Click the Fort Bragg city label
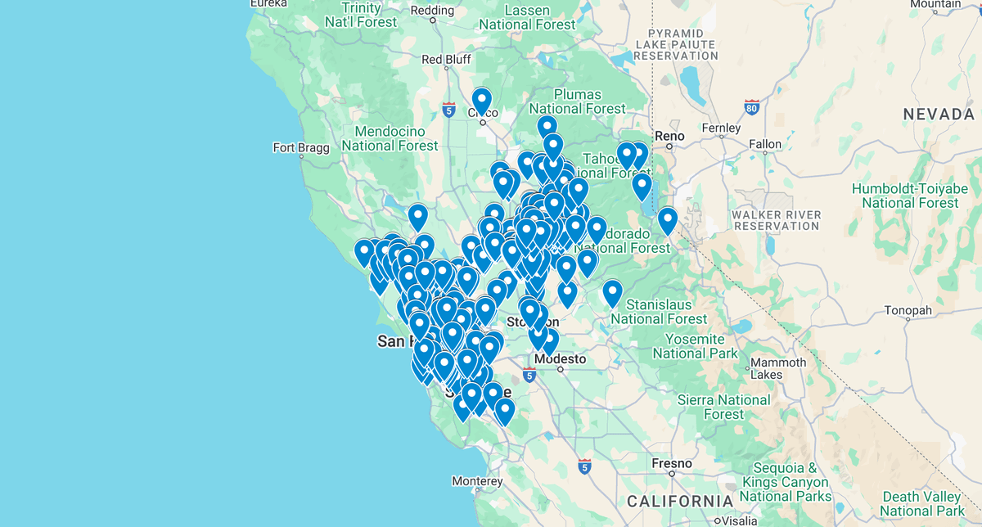coord(301,147)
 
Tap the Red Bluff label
coord(446,60)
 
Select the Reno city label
coord(669,136)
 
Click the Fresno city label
coord(672,463)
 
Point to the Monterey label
coord(476,481)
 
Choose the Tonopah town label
coord(908,311)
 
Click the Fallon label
coord(765,144)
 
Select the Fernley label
coord(721,128)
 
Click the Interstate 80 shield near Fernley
coord(752,106)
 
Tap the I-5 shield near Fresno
coord(584,466)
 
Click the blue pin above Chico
coord(481,102)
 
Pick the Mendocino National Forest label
coord(390,138)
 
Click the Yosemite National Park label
coord(695,346)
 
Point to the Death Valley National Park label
coord(921,504)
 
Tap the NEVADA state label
coord(939,115)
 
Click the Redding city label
coord(432,11)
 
